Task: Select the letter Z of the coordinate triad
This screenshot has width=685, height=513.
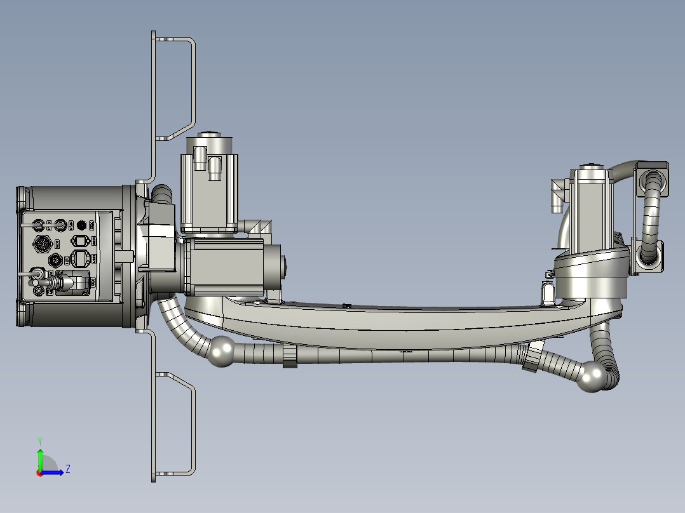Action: tap(67, 469)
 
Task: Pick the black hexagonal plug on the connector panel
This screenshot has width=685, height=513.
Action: tap(81, 225)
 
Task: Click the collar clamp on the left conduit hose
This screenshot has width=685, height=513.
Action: tap(290, 357)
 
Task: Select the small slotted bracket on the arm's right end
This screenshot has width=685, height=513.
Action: tap(548, 293)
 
